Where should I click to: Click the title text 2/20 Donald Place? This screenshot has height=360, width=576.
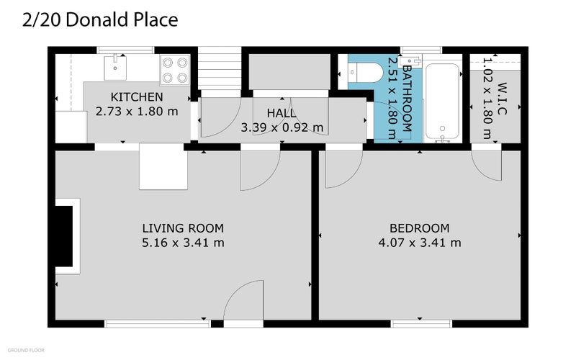pyautogui.click(x=100, y=20)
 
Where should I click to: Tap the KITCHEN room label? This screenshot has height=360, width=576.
pyautogui.click(x=136, y=97)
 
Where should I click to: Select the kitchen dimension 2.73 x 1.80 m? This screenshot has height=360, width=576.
pyautogui.click(x=137, y=112)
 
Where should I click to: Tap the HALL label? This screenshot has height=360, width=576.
pyautogui.click(x=282, y=113)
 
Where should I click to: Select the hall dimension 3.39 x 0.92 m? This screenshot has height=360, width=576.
pyautogui.click(x=282, y=127)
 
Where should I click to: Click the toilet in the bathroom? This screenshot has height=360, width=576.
pyautogui.click(x=363, y=73)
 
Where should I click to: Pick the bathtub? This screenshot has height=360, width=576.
pyautogui.click(x=440, y=101)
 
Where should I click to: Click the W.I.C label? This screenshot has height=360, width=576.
pyautogui.click(x=502, y=89)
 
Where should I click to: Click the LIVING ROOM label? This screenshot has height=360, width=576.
pyautogui.click(x=183, y=228)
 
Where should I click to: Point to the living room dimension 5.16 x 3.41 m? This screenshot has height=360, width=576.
pyautogui.click(x=183, y=243)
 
